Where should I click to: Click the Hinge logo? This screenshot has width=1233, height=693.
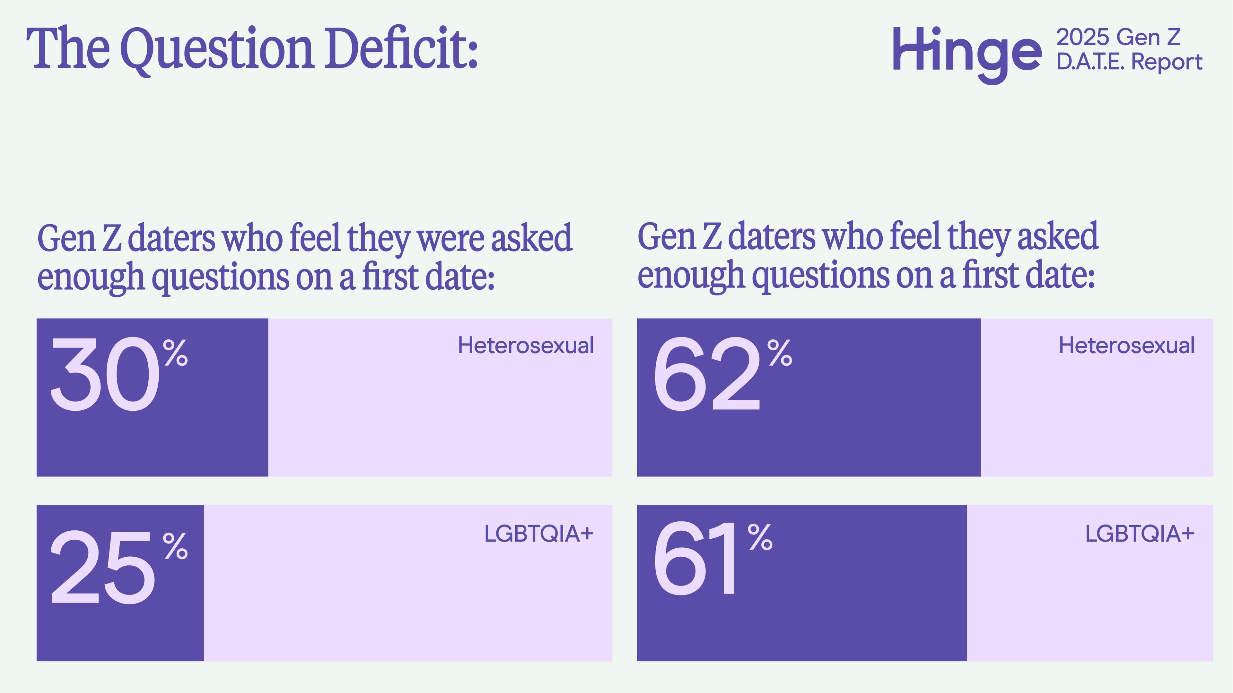(966, 54)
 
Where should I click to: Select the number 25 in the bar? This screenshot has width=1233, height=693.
(102, 568)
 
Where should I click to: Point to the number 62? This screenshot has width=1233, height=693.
(706, 374)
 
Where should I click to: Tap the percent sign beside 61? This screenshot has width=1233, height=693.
(760, 537)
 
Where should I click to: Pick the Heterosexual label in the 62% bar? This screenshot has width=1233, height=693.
(1126, 345)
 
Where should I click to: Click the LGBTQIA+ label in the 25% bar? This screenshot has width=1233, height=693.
(538, 534)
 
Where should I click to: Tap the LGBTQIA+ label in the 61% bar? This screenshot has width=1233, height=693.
(1139, 534)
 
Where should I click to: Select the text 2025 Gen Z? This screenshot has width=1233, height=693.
(1118, 37)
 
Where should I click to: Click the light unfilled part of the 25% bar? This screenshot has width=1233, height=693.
(407, 603)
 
